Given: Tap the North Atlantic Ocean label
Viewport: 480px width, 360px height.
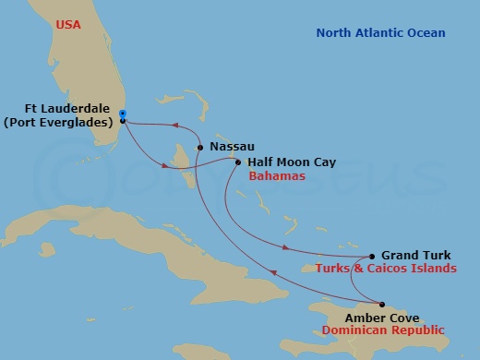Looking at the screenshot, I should click(380, 33).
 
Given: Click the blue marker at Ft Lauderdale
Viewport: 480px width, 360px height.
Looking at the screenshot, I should click(123, 114).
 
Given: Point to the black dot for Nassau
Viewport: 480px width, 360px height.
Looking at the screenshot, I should click(200, 146).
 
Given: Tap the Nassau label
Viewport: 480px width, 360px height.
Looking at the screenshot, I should click(232, 146).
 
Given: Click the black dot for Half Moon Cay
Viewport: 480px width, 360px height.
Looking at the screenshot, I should click(238, 163).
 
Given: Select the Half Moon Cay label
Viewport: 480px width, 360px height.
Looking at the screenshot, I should click(291, 162).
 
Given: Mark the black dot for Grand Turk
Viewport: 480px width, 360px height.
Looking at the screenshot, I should click(371, 257).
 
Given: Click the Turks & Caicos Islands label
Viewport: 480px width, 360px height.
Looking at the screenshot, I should click(386, 269).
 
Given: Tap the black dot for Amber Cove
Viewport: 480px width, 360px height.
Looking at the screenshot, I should click(382, 304).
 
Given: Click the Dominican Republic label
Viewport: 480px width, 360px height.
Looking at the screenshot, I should click(382, 330).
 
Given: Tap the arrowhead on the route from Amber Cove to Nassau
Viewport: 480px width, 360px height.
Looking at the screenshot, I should click(271, 271).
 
